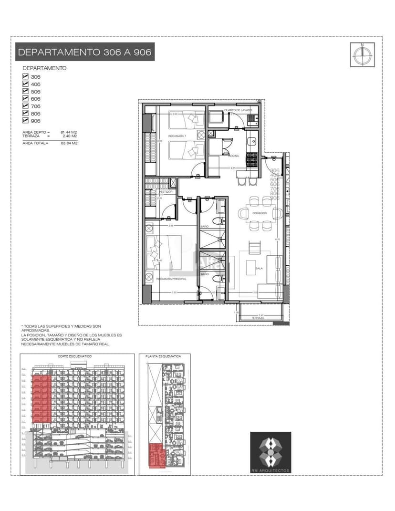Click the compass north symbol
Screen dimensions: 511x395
point(362,54)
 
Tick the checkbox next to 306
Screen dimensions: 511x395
point(26,76)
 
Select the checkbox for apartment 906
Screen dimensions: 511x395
point(26,121)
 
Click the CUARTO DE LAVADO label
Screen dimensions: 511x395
point(238,110)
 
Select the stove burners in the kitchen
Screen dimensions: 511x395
point(251,158)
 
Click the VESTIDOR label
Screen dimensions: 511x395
point(165,191)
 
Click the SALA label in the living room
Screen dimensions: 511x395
point(259,269)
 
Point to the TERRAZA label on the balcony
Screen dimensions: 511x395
point(258,318)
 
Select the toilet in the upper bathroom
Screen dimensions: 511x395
point(217,221)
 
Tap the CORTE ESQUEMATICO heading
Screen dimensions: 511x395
point(75,356)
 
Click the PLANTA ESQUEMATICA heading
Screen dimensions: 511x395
point(164,356)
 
